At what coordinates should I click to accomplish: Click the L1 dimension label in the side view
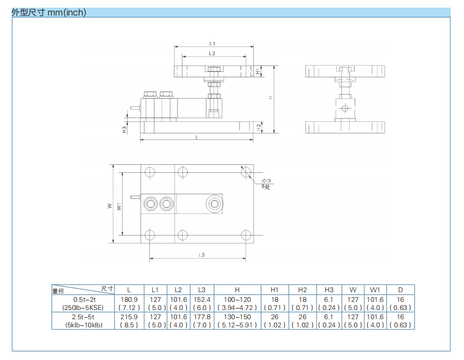[213, 44]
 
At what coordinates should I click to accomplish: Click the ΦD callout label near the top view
[266, 181]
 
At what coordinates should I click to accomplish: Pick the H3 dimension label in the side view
[124, 130]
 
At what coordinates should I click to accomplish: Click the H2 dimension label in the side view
[259, 126]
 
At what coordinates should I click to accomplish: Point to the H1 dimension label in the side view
[258, 72]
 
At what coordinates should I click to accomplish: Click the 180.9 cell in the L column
[129, 300]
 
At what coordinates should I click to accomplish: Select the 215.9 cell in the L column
[129, 317]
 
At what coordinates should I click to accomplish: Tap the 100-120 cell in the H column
[237, 300]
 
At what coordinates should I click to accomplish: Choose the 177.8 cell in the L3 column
[202, 317]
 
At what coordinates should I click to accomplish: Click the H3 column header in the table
[329, 290]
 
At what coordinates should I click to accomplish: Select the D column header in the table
[401, 290]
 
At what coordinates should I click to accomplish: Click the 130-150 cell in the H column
[237, 317]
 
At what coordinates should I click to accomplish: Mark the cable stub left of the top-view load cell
[135, 198]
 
